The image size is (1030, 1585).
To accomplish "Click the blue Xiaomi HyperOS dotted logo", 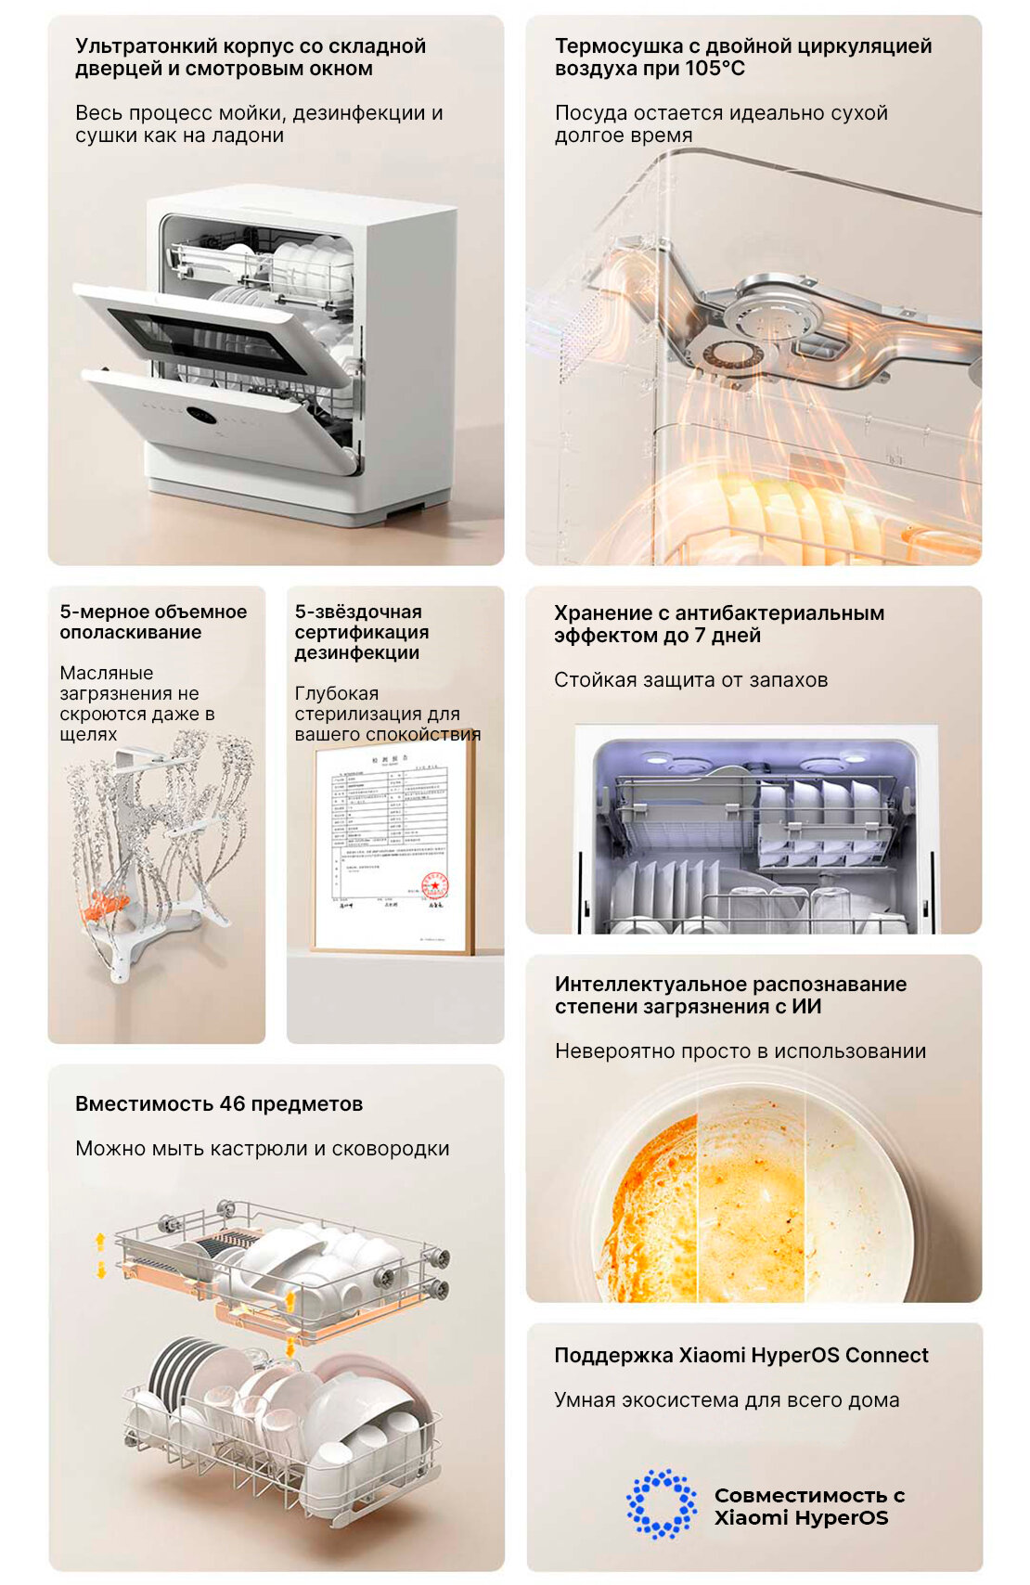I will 661,1504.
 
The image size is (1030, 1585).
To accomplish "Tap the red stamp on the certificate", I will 434,885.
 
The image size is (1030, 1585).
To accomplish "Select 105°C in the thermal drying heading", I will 715,69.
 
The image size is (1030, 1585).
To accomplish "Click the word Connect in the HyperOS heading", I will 886,1355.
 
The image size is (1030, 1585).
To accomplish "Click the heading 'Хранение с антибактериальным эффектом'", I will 718,624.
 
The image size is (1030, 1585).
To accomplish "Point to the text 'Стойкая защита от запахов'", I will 690,680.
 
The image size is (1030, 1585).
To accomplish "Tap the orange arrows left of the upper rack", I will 100,1255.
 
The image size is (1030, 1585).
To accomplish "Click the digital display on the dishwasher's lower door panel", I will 201,415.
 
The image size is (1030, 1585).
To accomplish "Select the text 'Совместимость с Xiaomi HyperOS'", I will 807,1506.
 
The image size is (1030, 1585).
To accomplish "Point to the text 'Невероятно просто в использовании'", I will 740,1051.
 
